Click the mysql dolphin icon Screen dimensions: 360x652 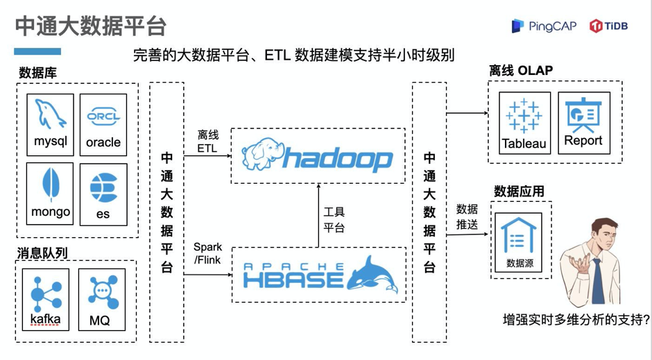click(x=51, y=114)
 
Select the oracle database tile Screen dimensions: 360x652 click(x=103, y=125)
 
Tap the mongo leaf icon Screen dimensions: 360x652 click(x=51, y=186)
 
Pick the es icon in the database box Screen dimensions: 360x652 click(x=103, y=187)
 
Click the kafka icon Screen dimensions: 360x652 click(x=45, y=292)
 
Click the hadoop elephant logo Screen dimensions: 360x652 click(x=261, y=156)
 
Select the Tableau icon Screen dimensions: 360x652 click(x=524, y=115)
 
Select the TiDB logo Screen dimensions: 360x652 click(x=608, y=26)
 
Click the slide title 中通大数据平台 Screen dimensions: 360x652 click(x=91, y=26)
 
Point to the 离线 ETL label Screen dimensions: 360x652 click(x=207, y=141)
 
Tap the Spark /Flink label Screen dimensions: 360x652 click(x=207, y=253)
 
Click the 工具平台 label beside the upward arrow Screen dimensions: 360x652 click(x=334, y=220)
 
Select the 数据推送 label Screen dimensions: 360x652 click(x=466, y=216)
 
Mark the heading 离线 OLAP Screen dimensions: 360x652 click(x=520, y=71)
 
